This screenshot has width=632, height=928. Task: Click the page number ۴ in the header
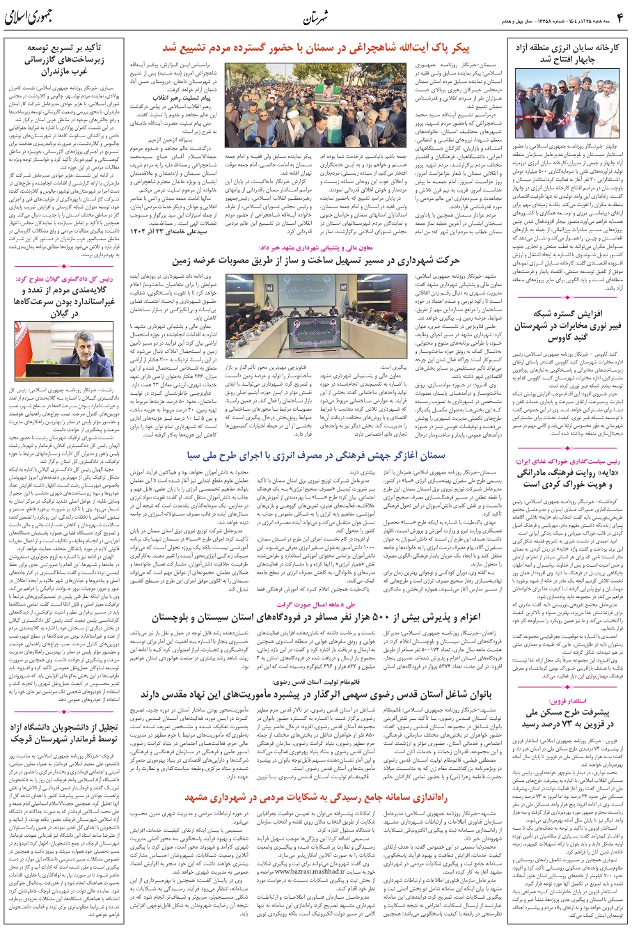618,15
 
